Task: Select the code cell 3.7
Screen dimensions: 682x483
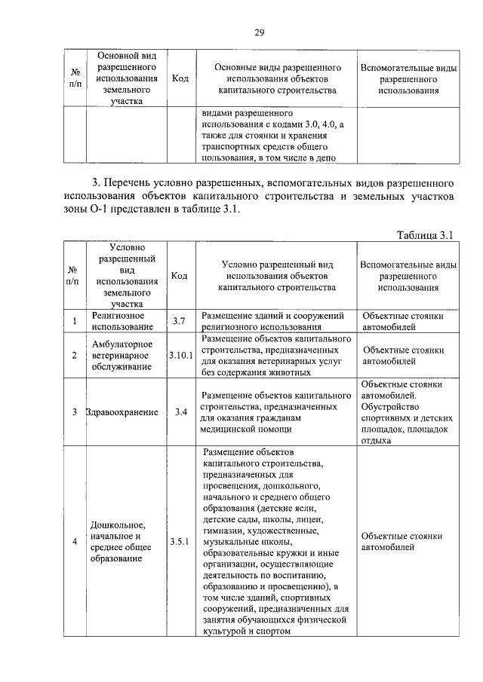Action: (179, 322)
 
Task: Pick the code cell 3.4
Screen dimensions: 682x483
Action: (181, 412)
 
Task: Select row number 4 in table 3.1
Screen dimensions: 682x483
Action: (75, 541)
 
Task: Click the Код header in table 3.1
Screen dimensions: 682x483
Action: (180, 276)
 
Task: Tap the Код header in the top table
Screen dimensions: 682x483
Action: (180, 78)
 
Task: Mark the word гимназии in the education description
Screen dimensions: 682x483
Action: (225, 531)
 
